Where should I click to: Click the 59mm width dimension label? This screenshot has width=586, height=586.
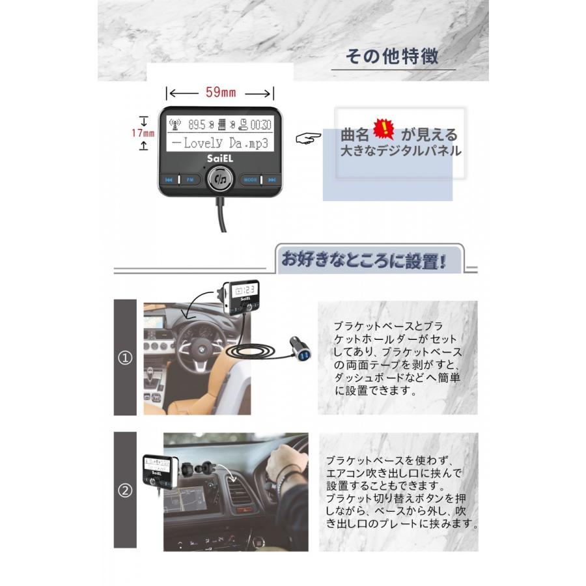tap(220, 92)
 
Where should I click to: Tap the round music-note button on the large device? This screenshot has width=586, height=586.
tap(221, 178)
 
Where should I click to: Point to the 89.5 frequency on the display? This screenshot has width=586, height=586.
tap(196, 124)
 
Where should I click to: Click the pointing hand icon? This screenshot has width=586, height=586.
tap(308, 139)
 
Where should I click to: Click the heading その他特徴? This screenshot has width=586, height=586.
tap(392, 57)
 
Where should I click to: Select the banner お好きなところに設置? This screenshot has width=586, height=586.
tap(363, 261)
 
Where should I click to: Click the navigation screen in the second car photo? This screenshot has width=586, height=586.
tap(185, 498)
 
